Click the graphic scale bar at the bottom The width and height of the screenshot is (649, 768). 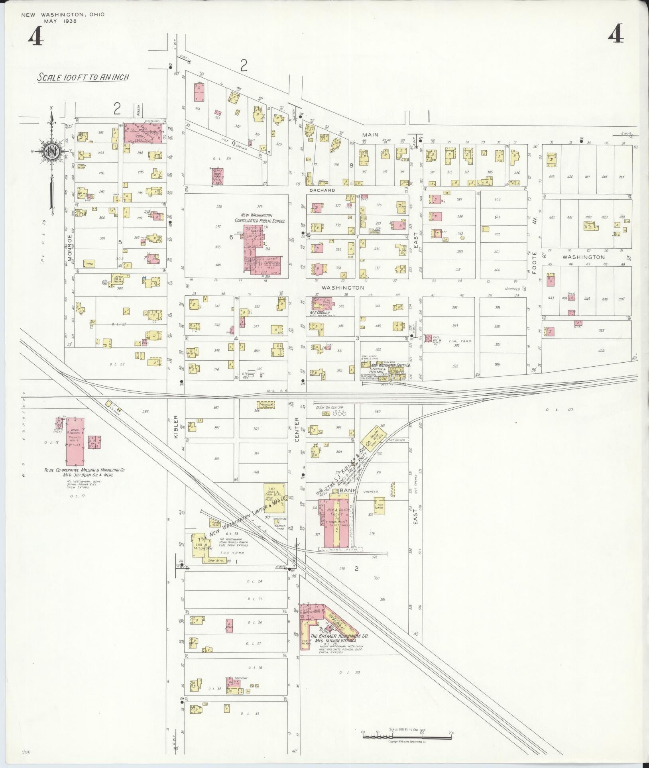tap(407, 737)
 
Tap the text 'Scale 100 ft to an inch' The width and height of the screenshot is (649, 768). tap(83, 77)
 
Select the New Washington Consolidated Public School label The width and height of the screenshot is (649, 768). tap(260, 218)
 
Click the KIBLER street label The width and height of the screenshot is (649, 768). tap(176, 427)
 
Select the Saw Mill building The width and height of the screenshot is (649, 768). tap(214, 560)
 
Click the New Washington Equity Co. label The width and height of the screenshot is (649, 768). tap(390, 365)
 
